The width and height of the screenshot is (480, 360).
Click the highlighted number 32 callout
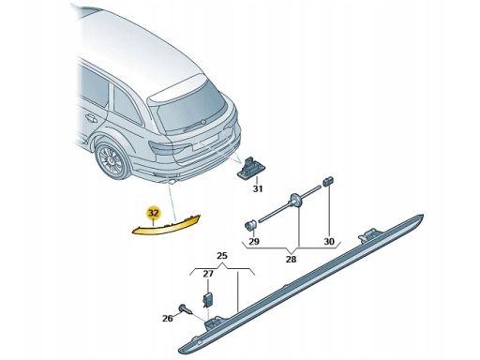point(154,213)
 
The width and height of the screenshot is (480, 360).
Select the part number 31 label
point(258,188)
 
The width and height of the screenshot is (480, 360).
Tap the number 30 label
point(329,241)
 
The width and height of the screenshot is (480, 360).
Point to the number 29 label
point(254,241)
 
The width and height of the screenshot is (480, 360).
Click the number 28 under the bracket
point(291,259)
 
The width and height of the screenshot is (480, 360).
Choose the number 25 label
point(222,256)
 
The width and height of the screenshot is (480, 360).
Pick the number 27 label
point(208,274)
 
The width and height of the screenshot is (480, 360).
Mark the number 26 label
point(168,319)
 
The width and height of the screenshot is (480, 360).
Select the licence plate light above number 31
point(251,168)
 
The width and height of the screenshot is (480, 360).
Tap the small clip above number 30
point(328,181)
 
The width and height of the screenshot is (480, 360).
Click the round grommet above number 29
point(250,224)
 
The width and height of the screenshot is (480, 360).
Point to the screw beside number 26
point(185,310)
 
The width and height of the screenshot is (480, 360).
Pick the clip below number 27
point(208,300)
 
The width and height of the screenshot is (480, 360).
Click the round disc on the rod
point(296,201)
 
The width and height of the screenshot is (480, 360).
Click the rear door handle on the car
point(91,118)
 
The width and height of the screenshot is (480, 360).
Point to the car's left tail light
point(162,147)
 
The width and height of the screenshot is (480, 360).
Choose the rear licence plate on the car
point(206,143)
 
